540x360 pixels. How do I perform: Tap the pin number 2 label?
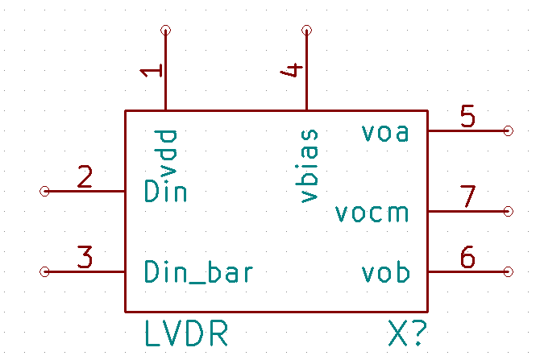(85, 176)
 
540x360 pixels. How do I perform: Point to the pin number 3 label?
(85, 257)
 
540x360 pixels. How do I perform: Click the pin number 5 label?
(467, 117)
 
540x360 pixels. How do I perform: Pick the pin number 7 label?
(467, 197)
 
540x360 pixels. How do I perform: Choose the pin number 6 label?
(467, 258)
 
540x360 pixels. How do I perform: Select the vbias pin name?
(308, 165)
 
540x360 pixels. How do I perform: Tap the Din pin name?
(165, 192)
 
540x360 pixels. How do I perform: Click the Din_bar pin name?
(198, 272)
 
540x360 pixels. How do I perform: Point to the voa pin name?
(384, 132)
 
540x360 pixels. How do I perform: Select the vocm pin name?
(372, 213)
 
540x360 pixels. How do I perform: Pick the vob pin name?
(384, 273)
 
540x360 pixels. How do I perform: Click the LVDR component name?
(185, 334)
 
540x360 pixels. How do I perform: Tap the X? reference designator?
(407, 334)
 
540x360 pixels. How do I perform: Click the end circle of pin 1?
(166, 31)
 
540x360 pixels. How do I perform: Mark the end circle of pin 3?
(45, 272)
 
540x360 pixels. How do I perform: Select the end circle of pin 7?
(508, 211)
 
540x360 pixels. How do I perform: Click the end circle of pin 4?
(306, 31)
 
